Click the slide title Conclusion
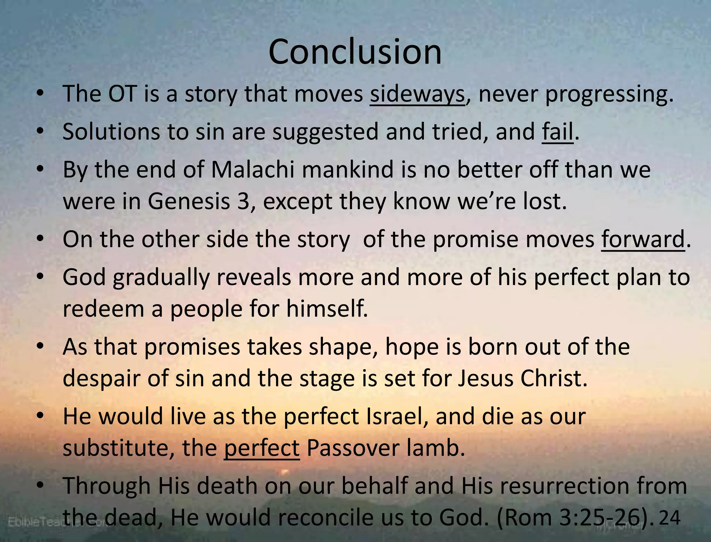pos(355,52)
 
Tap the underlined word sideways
pos(417,94)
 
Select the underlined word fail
pos(557,132)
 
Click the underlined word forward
pos(643,239)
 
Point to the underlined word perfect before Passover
pos(261,448)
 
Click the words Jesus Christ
pos(522,378)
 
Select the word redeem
pos(103,309)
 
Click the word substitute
pos(115,447)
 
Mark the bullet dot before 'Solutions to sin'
pos(41,131)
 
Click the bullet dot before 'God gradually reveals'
pos(41,277)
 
